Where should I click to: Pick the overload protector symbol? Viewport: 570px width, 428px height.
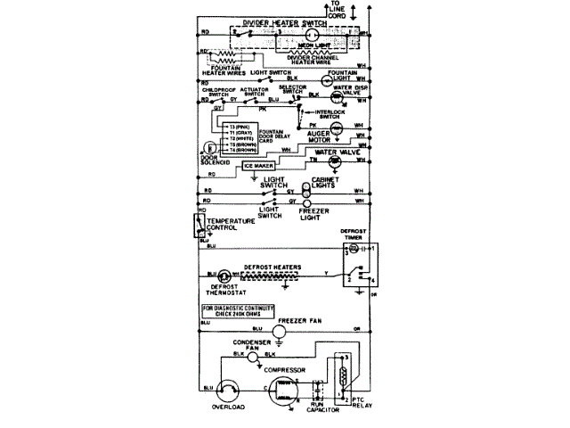point(228,392)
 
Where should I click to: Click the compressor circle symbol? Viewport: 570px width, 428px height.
point(283,391)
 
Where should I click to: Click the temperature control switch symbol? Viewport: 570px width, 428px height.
point(199,227)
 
